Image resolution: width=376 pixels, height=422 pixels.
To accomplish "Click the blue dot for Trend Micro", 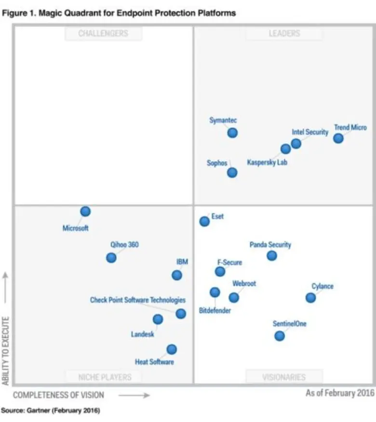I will [x=338, y=138].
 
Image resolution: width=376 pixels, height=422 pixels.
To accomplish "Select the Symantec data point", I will [x=232, y=132].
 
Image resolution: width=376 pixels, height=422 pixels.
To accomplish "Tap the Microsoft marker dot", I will [x=85, y=211].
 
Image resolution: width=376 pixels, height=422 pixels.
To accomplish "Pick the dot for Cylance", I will [x=311, y=297].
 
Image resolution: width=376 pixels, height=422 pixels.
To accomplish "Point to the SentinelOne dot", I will [x=280, y=336].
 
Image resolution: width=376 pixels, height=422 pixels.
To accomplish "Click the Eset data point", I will [x=204, y=221].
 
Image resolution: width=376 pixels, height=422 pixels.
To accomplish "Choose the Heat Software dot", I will [x=172, y=349].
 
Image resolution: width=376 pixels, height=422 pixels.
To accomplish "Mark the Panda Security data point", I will [x=272, y=256].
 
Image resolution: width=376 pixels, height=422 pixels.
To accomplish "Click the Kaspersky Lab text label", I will [x=267, y=163].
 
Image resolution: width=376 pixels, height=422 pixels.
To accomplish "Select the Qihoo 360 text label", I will [x=124, y=244].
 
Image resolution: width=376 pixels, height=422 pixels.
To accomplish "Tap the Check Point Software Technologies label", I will [x=138, y=300].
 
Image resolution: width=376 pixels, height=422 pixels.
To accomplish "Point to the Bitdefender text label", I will [x=215, y=310].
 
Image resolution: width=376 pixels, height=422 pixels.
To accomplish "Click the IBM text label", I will [x=182, y=262].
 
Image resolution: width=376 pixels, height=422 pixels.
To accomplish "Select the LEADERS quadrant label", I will [x=284, y=34].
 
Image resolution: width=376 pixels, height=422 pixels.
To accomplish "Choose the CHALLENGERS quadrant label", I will [x=103, y=34].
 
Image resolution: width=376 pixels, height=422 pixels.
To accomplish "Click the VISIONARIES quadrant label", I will [x=284, y=377].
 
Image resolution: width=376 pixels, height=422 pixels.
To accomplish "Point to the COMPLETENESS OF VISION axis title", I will [x=58, y=395].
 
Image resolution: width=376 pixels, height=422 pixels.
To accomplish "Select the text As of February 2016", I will [x=340, y=393].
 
